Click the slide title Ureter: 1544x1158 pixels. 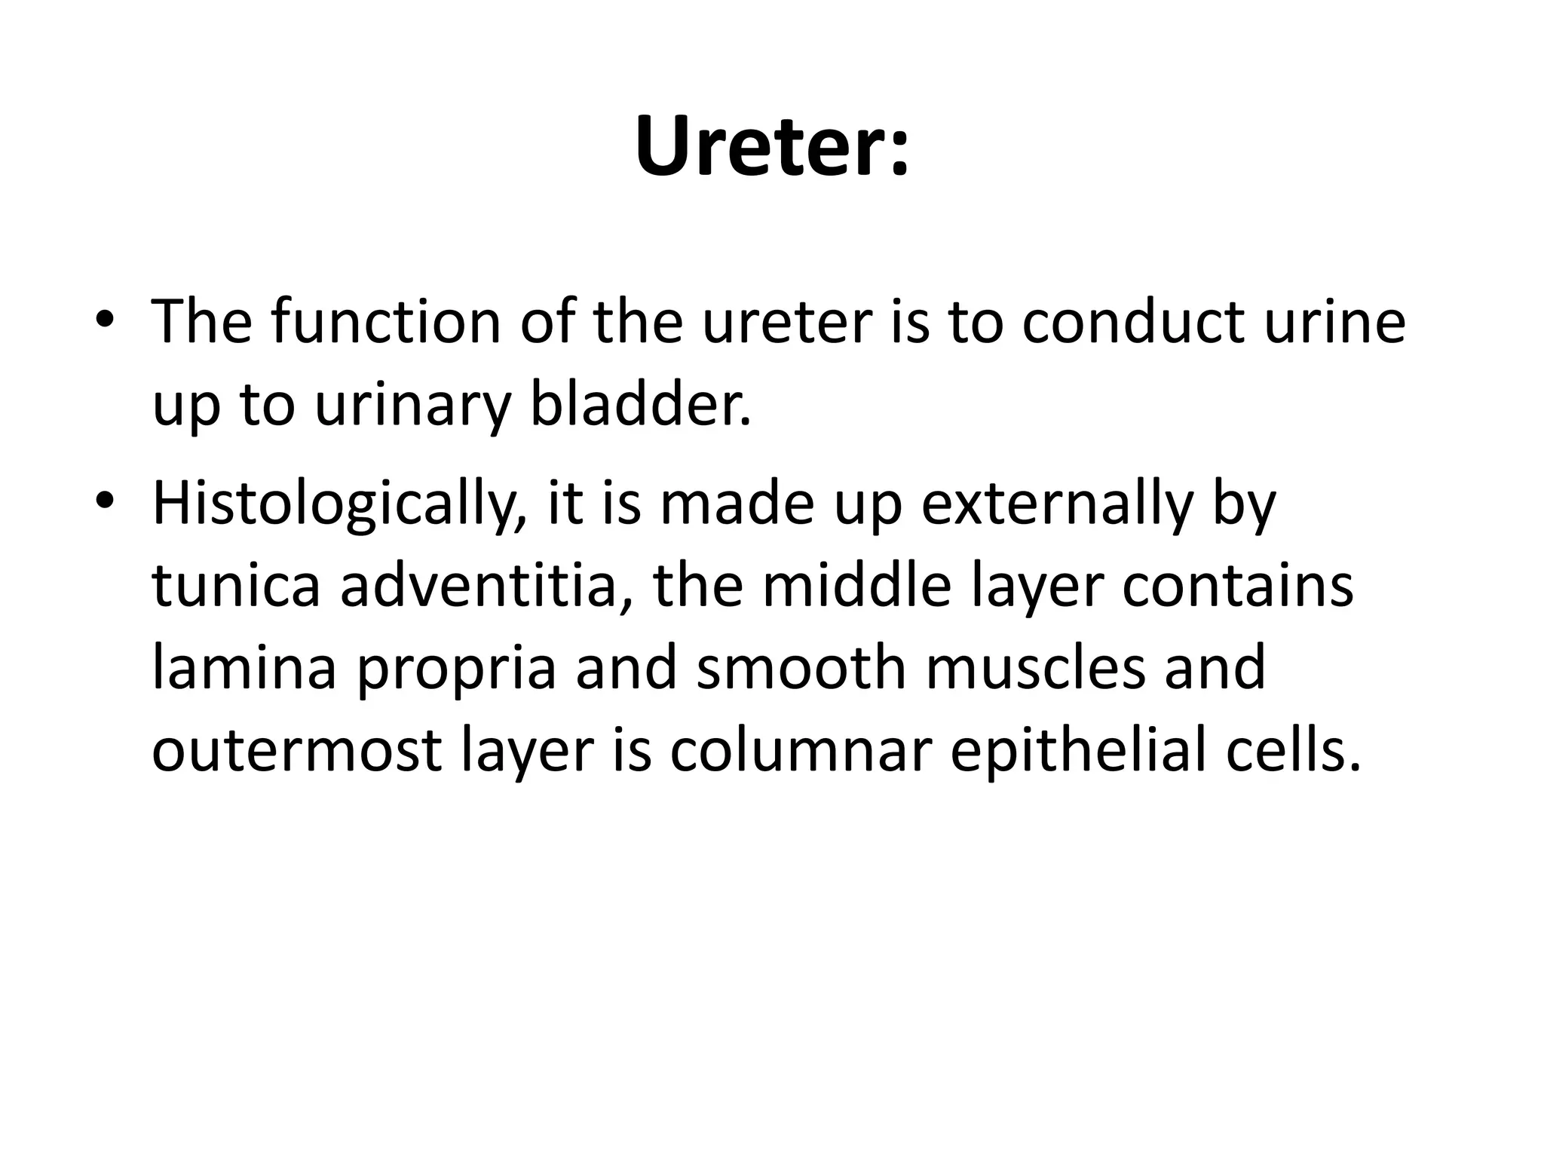click(x=772, y=147)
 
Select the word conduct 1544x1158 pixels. click(x=1132, y=322)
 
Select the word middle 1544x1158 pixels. click(x=856, y=586)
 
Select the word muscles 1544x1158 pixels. click(x=1035, y=668)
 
